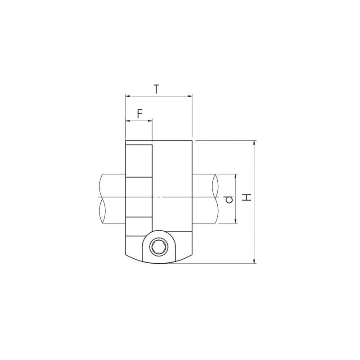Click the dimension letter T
tap(156, 89)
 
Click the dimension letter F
tap(140, 114)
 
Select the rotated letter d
tap(229, 199)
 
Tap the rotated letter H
tap(247, 198)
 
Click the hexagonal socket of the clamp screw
tap(159, 247)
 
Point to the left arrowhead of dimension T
tap(128, 96)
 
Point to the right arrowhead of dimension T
tap(190, 96)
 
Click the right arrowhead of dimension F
tap(150, 121)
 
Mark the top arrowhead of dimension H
tap(254, 143)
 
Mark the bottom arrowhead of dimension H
tap(254, 261)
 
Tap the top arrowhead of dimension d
tap(235, 176)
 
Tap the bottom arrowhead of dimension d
tap(235, 221)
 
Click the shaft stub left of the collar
tap(113, 198)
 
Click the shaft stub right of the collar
tap(204, 198)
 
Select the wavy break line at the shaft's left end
tap(102, 198)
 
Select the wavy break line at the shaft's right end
tap(216, 198)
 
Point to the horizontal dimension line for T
tap(159, 96)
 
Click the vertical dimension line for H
tap(254, 202)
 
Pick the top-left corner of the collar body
tap(126, 140)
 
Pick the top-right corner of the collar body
tap(192, 140)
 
